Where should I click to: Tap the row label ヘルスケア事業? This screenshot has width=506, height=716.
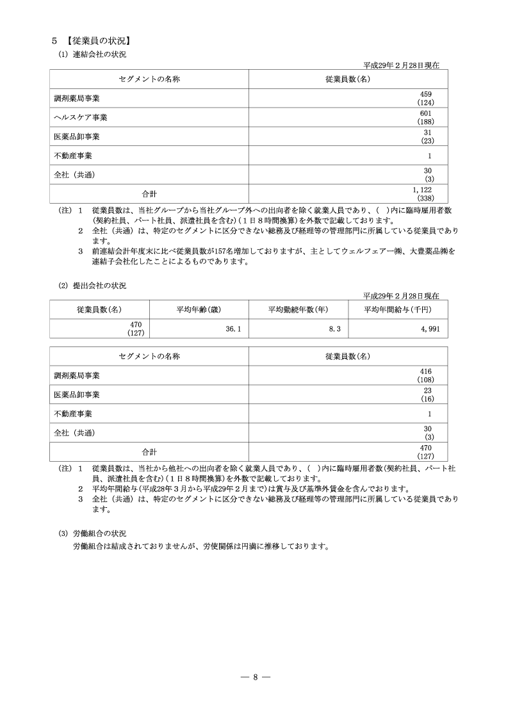[x=81, y=117]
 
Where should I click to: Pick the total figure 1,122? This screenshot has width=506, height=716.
[x=431, y=190]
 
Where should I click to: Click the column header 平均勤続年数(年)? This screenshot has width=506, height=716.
[x=298, y=309]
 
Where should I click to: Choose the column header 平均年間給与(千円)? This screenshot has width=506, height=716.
[x=398, y=309]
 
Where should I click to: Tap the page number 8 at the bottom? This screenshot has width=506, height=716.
[x=254, y=678]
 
